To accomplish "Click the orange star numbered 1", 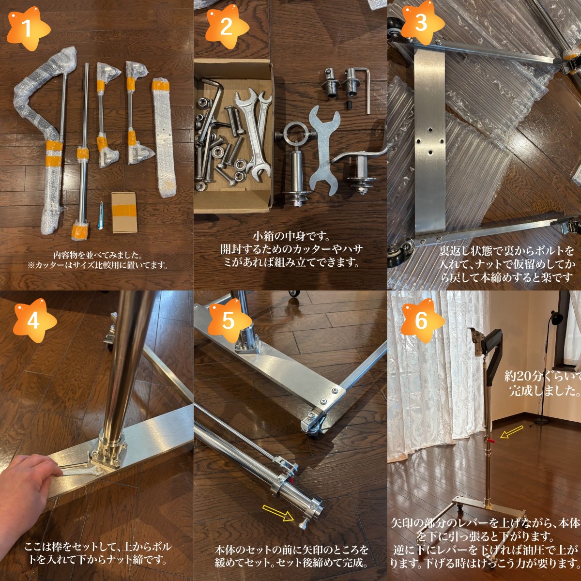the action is click(x=28, y=28).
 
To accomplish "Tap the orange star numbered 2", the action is click(x=227, y=27).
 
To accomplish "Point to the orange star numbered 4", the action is click(x=34, y=321).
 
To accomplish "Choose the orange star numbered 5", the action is click(x=229, y=321).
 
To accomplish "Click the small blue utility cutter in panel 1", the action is click(x=101, y=215).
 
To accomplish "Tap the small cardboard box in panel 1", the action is click(x=124, y=213).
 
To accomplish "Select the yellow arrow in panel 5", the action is click(x=278, y=513).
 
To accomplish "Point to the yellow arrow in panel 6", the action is click(x=512, y=431).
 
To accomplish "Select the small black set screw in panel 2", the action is click(x=349, y=106).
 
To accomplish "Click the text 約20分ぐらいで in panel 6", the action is click(x=542, y=376).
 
